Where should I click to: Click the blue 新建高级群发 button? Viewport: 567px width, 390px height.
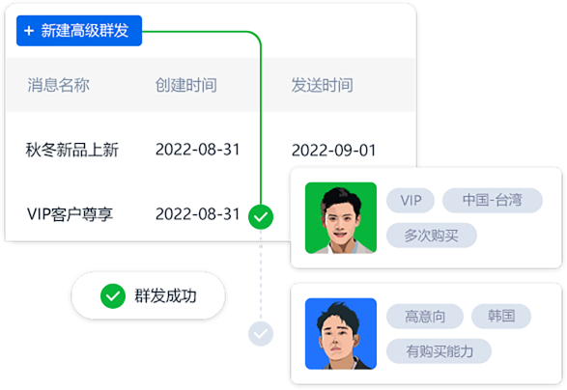[x=79, y=31]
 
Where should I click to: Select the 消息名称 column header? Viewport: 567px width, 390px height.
[x=58, y=85]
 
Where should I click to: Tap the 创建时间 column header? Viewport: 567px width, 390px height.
[x=185, y=85]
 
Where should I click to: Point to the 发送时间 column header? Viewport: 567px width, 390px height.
[x=322, y=85]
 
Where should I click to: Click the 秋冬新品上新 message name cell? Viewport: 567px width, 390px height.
[x=71, y=150]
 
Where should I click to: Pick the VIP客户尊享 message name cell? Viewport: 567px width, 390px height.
[x=70, y=214]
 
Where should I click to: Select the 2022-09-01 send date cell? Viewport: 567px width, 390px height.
[x=334, y=150]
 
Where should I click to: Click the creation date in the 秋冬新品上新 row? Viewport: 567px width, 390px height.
[x=197, y=150]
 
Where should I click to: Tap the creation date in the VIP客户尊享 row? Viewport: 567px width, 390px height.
[x=197, y=214]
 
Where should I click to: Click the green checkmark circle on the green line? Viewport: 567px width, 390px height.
[x=261, y=217]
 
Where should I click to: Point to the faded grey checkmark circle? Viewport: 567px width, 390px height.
[x=261, y=334]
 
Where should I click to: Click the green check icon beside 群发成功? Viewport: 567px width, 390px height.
[x=113, y=296]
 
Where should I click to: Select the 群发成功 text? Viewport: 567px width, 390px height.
[x=165, y=296]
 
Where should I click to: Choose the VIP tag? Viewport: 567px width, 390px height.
[x=411, y=200]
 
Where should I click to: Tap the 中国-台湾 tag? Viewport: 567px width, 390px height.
[x=493, y=200]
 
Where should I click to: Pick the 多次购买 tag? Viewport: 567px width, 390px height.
[x=432, y=236]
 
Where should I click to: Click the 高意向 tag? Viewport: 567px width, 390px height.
[x=425, y=317]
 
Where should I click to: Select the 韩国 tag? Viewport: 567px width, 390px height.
[x=501, y=317]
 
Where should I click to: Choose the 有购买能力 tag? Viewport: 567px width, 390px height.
[x=439, y=351]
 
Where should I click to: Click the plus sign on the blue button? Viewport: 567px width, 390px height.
[x=29, y=31]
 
